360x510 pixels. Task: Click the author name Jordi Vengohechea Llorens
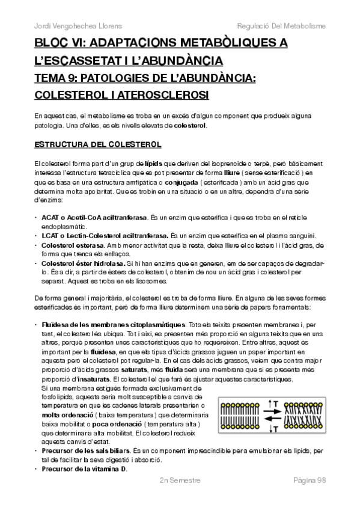[70, 26]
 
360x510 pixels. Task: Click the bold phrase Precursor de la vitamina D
[85, 469]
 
